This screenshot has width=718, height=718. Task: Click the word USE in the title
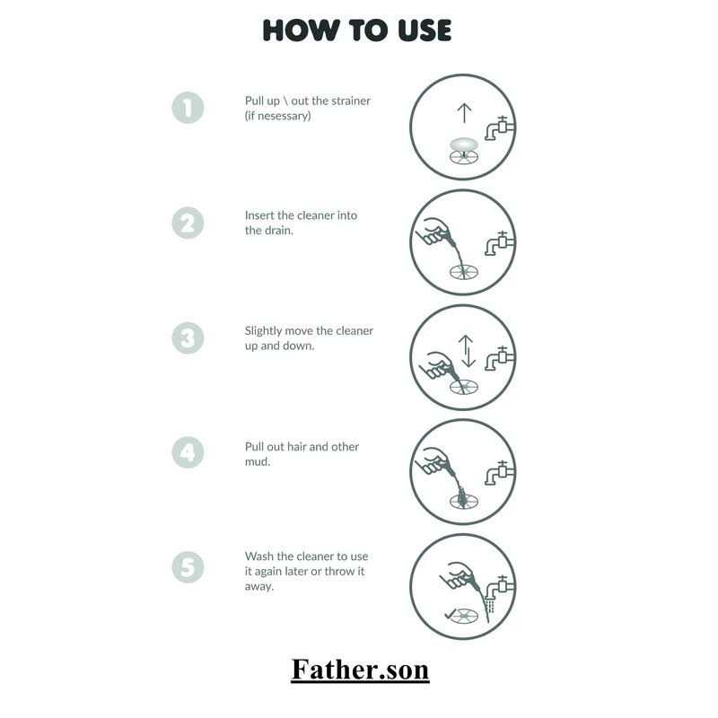(425, 31)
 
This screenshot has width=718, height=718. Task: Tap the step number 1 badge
(188, 108)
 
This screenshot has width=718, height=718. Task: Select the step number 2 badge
(188, 223)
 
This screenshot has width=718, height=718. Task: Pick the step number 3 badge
(188, 338)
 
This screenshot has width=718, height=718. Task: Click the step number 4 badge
(188, 452)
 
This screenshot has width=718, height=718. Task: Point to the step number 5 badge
(188, 567)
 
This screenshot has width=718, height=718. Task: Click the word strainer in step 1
(350, 101)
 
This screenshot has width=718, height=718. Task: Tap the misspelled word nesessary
(284, 116)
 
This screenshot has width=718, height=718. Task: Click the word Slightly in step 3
(263, 331)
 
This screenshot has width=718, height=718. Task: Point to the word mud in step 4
(256, 461)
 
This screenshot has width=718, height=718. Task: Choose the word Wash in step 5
(258, 556)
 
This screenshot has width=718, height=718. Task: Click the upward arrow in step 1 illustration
(464, 113)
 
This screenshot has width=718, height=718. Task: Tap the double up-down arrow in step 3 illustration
(466, 351)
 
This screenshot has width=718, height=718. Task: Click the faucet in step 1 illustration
(500, 127)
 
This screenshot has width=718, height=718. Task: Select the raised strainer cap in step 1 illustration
(464, 144)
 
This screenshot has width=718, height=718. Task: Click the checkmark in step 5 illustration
(451, 614)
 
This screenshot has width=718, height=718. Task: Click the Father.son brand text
(360, 670)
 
